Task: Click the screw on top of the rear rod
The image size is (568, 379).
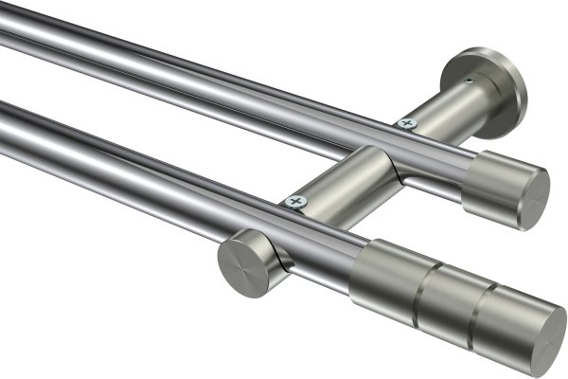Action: click(x=407, y=122)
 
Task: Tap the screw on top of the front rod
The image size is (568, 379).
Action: click(x=297, y=201)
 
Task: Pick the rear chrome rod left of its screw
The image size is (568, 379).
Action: click(x=189, y=71)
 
